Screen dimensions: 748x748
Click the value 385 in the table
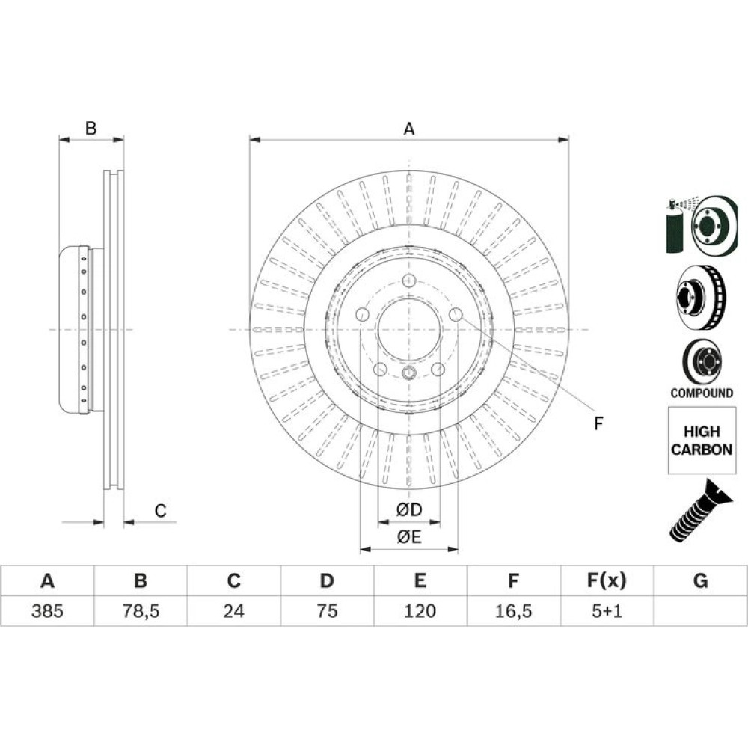(x=47, y=610)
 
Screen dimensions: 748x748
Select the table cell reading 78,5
(x=141, y=610)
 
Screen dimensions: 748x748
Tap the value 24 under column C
(x=233, y=610)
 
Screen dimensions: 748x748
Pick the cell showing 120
(x=420, y=610)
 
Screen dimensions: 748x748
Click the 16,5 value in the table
(x=513, y=610)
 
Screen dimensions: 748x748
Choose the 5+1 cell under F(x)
(x=607, y=610)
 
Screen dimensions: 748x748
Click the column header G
(x=700, y=580)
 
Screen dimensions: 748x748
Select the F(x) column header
(x=607, y=580)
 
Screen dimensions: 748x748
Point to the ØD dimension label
(x=409, y=509)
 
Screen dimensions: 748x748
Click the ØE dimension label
(x=409, y=537)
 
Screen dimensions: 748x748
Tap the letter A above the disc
(x=409, y=129)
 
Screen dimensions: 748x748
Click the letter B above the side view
(x=91, y=129)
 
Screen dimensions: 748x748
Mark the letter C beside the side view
(x=160, y=511)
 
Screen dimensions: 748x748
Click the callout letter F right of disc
(x=598, y=423)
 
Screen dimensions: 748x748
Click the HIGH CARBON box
(x=702, y=441)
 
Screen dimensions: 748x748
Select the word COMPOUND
(x=702, y=393)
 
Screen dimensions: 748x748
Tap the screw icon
(x=700, y=511)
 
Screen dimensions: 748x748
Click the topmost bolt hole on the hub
(x=409, y=280)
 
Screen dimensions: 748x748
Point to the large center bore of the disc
(x=409, y=330)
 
